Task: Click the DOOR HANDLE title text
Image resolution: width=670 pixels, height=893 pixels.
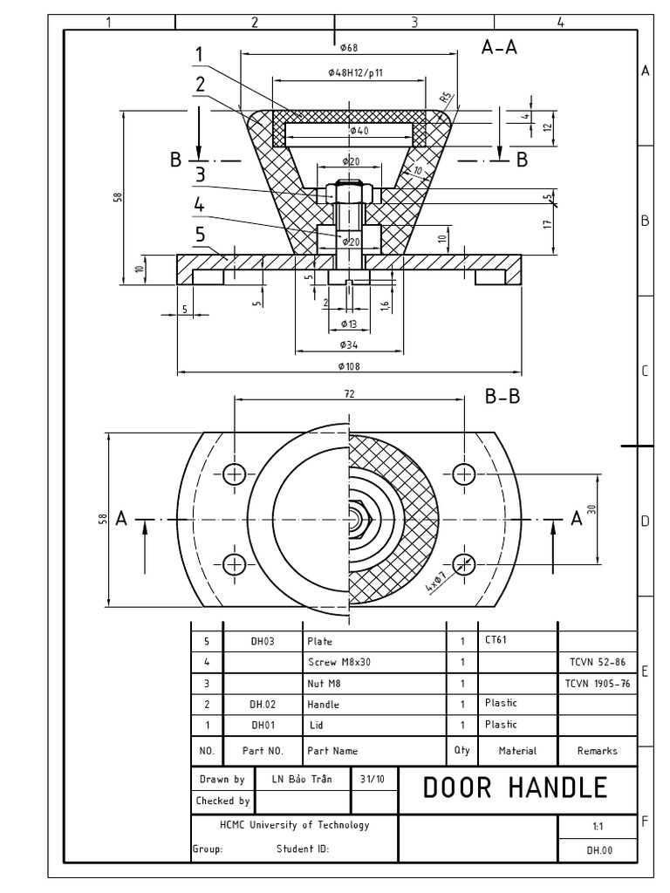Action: [x=515, y=787]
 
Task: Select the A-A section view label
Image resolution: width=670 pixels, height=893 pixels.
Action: [x=499, y=48]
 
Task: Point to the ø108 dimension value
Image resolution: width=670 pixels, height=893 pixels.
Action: [x=349, y=366]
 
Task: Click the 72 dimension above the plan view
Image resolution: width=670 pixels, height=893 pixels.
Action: [x=349, y=394]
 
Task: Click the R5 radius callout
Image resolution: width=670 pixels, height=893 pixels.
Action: [x=443, y=98]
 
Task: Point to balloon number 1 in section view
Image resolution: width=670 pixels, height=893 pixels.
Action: [x=199, y=55]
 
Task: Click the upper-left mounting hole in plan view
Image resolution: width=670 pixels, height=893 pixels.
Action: [x=235, y=474]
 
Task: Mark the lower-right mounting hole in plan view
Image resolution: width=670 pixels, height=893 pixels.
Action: [x=463, y=563]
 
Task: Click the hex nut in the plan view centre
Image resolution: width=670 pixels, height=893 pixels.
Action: [x=359, y=518]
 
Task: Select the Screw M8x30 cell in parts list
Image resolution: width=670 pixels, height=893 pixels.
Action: [x=339, y=662]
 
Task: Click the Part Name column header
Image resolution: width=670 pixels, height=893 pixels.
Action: [x=332, y=750]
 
